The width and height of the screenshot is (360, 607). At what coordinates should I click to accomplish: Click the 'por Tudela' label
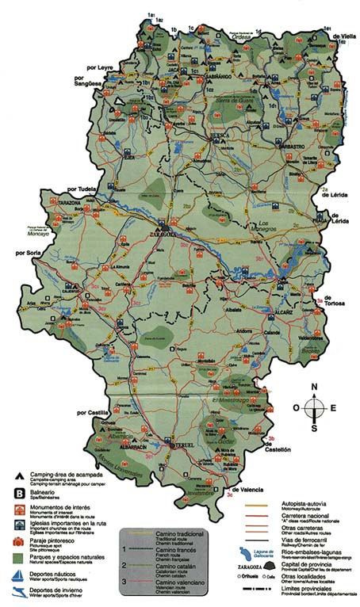tap(83, 189)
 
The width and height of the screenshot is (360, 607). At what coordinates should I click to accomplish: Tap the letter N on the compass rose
tap(315, 387)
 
